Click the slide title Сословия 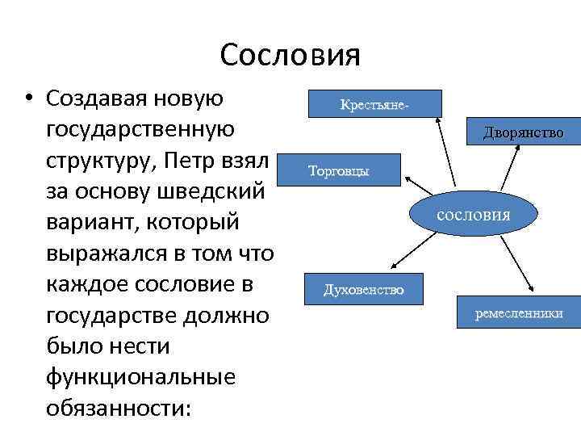click(x=290, y=56)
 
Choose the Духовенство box click(x=363, y=290)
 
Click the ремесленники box click(x=519, y=313)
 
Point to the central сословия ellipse click(x=473, y=216)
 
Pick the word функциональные click(x=141, y=377)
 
